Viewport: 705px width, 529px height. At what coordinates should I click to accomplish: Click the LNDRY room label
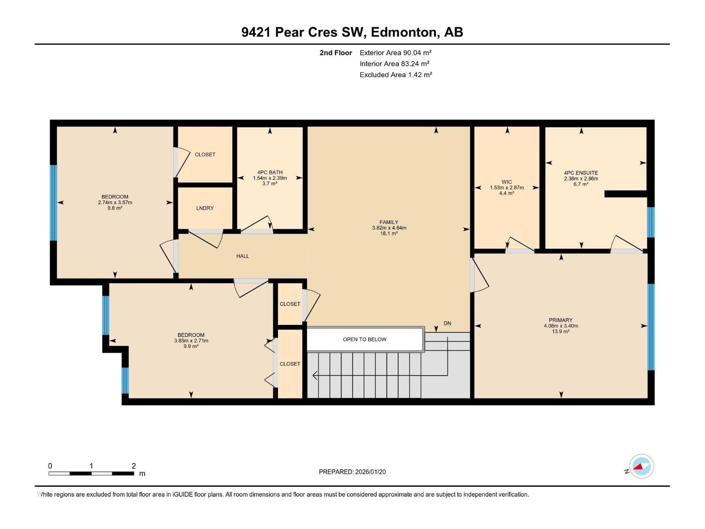pyautogui.click(x=205, y=208)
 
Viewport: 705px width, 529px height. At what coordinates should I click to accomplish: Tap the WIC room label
pyautogui.click(x=507, y=182)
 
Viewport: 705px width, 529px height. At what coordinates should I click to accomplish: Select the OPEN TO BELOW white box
pyautogui.click(x=364, y=339)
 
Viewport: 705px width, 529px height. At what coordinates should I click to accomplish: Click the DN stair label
pyautogui.click(x=447, y=323)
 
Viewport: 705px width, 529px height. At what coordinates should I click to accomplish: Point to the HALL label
pyautogui.click(x=242, y=256)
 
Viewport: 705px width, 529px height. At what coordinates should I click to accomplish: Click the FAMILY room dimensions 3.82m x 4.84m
pyautogui.click(x=389, y=228)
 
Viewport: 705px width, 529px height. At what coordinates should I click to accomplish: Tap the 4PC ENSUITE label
pyautogui.click(x=581, y=173)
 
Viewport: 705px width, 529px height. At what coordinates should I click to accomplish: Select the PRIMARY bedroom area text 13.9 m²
pyautogui.click(x=560, y=332)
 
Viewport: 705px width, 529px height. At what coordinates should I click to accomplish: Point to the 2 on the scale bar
pyautogui.click(x=134, y=466)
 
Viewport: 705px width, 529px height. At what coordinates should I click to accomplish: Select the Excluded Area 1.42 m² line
pyautogui.click(x=395, y=75)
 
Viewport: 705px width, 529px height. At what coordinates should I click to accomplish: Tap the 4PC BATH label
pyautogui.click(x=270, y=172)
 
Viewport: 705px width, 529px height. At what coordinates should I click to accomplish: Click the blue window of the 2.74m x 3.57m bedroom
pyautogui.click(x=53, y=203)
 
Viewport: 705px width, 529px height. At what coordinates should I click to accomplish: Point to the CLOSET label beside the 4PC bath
pyautogui.click(x=205, y=154)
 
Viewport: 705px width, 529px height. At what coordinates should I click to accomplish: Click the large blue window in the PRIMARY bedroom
pyautogui.click(x=651, y=326)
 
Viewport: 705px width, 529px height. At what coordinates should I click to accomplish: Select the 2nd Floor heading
pyautogui.click(x=336, y=52)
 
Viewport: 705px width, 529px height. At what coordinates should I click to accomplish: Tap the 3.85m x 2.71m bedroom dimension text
pyautogui.click(x=191, y=341)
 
